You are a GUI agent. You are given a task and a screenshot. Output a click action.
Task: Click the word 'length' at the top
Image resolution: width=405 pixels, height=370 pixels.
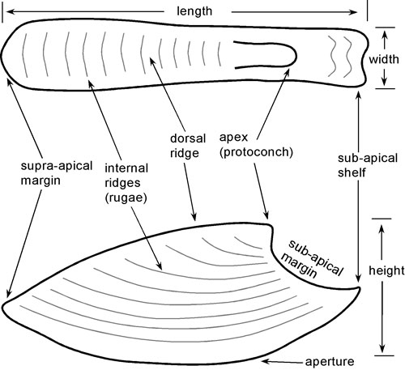click(x=194, y=11)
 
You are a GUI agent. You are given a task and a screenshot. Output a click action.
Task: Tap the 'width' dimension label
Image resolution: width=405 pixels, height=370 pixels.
click(x=384, y=59)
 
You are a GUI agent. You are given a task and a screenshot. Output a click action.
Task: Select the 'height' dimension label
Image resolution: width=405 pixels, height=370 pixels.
click(x=386, y=270)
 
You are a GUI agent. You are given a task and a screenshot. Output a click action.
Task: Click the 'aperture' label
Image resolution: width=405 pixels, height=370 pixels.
click(x=330, y=362)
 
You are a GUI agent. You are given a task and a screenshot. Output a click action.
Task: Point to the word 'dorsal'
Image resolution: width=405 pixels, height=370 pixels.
click(x=188, y=138)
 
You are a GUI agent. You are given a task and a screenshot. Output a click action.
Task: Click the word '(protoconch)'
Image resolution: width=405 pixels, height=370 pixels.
click(x=256, y=152)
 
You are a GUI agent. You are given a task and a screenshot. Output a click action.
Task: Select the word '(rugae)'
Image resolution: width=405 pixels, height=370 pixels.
click(x=126, y=198)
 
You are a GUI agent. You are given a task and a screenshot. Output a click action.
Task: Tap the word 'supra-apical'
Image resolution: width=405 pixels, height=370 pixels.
click(x=57, y=166)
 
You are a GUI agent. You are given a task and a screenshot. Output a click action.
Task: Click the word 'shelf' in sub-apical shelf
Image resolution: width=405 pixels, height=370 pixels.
click(x=352, y=172)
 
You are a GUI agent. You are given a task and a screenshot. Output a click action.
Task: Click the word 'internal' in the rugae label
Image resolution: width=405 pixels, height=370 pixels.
click(x=126, y=168)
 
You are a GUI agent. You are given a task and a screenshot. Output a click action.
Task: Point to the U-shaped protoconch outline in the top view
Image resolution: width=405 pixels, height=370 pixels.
click(x=296, y=55)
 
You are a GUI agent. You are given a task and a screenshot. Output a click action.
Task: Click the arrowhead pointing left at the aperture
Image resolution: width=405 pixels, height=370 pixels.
click(x=266, y=361)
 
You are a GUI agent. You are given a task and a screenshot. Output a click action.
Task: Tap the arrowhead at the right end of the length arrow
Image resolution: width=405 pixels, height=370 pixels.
click(x=354, y=12)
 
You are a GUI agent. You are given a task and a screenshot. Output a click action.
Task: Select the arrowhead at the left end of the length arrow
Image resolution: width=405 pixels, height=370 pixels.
click(x=10, y=11)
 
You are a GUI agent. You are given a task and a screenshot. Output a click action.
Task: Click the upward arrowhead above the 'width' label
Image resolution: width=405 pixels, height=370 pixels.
click(x=385, y=35)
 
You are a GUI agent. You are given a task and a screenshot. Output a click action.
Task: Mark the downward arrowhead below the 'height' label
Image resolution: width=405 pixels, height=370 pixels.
click(x=382, y=348)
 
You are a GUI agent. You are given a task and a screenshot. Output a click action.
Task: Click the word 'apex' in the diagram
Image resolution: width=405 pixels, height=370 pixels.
click(x=233, y=138)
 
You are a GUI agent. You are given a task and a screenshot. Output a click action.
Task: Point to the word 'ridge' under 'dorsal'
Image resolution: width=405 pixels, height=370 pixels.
click(x=185, y=153)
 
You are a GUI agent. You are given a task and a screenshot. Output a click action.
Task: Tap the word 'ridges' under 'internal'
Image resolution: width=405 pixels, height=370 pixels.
click(x=122, y=183)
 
